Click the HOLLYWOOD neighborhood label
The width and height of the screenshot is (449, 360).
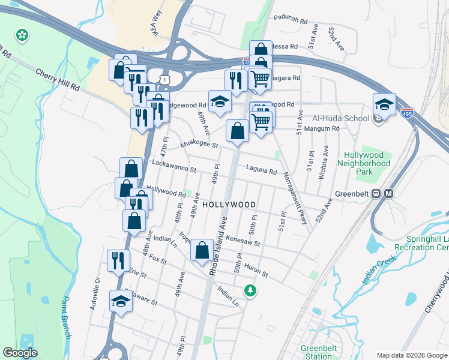(x=229, y=205)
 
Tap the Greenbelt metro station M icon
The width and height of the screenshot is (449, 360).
(x=388, y=194)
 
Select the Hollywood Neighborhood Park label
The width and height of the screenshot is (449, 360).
(x=363, y=163)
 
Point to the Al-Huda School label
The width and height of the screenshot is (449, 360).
(x=340, y=118)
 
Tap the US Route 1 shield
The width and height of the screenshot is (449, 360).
(x=163, y=79)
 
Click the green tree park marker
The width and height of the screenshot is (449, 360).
(x=250, y=291)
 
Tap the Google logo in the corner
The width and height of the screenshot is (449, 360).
(x=20, y=352)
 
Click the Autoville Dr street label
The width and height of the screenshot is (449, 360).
(x=94, y=293)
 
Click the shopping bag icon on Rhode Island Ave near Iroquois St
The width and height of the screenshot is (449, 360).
(x=202, y=249)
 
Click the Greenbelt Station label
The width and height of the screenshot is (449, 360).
(x=318, y=352)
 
